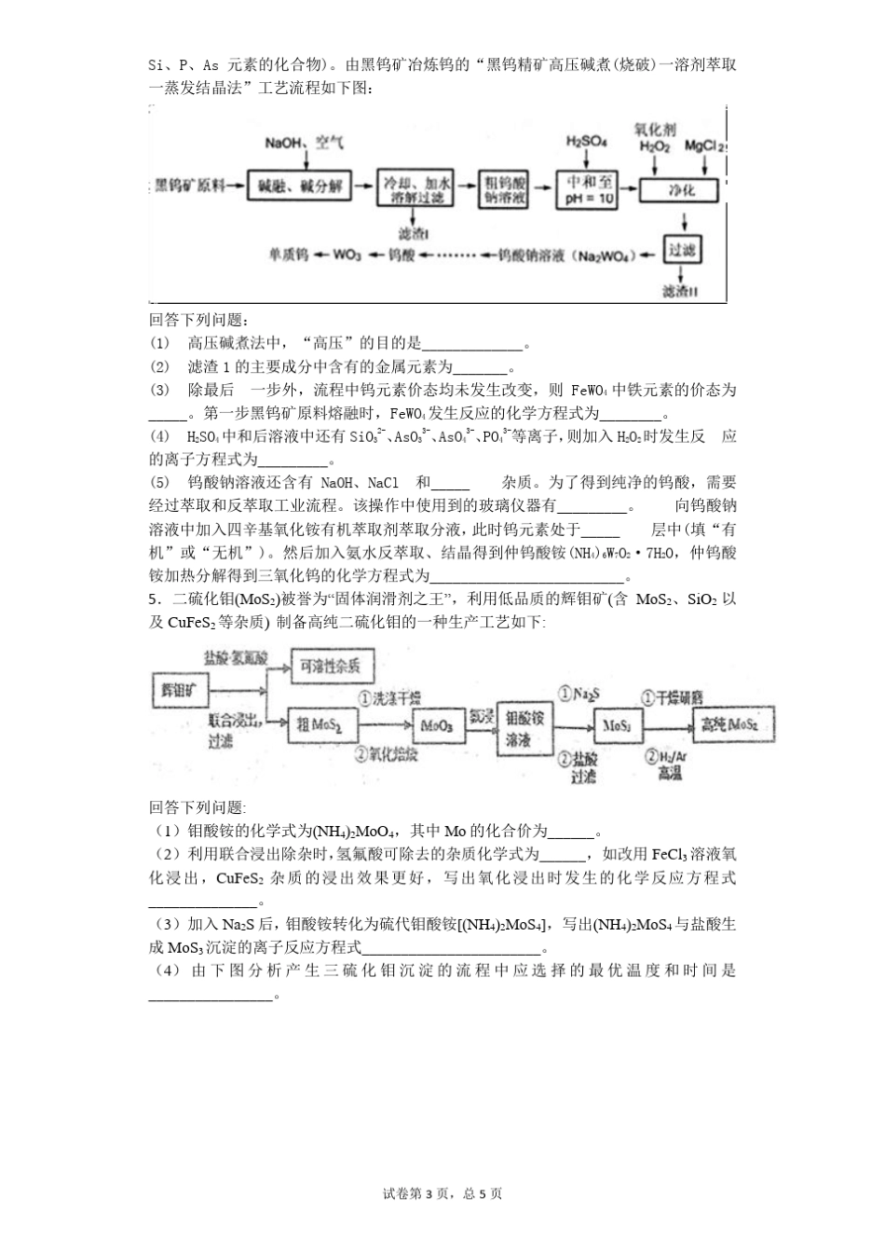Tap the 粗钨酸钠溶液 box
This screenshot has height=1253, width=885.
[x=504, y=188]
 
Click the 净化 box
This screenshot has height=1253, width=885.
[x=681, y=189]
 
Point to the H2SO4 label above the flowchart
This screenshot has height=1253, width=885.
[x=586, y=142]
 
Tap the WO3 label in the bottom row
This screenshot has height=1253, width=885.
[x=347, y=255]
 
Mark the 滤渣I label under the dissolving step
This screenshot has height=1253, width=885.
[x=412, y=232]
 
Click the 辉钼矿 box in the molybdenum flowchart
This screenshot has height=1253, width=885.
[x=179, y=691]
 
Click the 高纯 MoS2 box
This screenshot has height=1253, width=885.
[x=730, y=724]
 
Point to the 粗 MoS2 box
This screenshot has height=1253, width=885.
[x=320, y=724]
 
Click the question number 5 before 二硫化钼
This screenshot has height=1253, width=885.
[x=152, y=599]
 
